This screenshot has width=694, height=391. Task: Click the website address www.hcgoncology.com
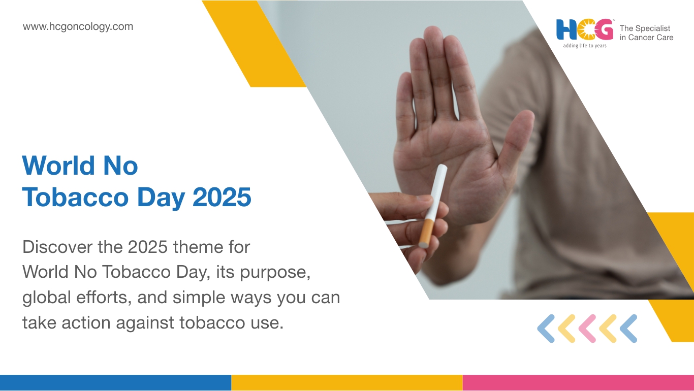[x=78, y=27]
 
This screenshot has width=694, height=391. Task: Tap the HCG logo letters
[x=585, y=30]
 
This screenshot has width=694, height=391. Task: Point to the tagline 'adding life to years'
[x=585, y=46]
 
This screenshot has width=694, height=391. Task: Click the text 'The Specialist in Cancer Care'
[x=646, y=33]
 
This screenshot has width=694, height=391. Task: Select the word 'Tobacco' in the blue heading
[x=75, y=197]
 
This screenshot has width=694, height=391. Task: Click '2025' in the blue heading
[x=222, y=197]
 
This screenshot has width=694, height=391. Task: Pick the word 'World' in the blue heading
[x=58, y=166]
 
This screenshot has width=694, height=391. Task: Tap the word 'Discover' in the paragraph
[x=57, y=247]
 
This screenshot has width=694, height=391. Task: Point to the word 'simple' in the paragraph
[x=199, y=298]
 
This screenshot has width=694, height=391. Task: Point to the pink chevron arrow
[x=587, y=329]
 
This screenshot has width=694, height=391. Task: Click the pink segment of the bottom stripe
[x=578, y=383]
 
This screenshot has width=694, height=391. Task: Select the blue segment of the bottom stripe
[x=115, y=383]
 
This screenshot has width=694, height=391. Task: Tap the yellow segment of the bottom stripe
[x=347, y=383]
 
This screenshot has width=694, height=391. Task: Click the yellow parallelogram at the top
[x=254, y=44]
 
